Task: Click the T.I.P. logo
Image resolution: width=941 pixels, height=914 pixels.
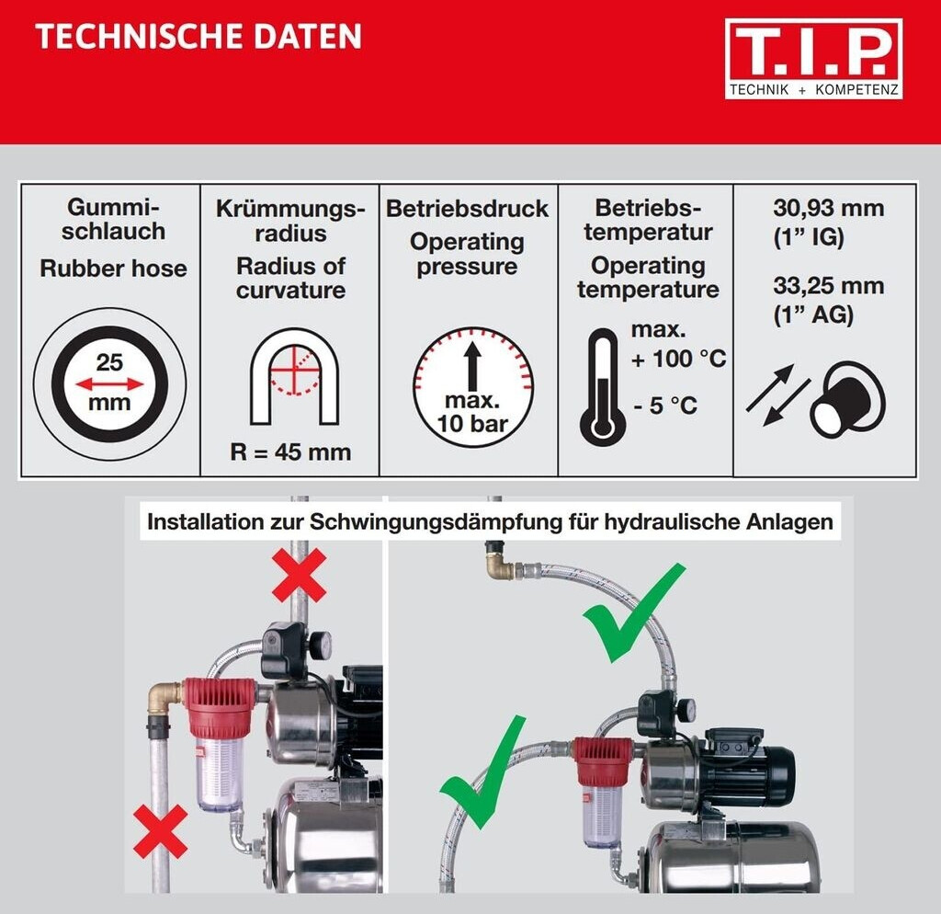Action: click(x=813, y=58)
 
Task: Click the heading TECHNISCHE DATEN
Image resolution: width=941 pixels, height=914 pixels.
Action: click(x=198, y=36)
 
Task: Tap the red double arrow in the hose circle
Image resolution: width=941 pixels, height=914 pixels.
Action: click(x=110, y=383)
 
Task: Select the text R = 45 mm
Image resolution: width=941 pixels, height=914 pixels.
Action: click(x=290, y=451)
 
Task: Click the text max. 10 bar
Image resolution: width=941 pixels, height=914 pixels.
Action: click(x=473, y=412)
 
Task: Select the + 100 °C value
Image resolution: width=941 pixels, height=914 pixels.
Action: click(x=678, y=359)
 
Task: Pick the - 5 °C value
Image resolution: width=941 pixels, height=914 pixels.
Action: click(x=665, y=406)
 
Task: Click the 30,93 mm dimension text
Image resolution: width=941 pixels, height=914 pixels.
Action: click(x=828, y=208)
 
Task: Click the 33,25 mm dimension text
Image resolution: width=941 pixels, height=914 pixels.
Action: click(x=828, y=285)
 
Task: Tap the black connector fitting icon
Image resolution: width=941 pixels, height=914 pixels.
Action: click(x=847, y=398)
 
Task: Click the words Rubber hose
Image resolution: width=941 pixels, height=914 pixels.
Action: click(x=113, y=268)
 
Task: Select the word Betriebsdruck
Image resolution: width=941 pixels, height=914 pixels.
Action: click(x=467, y=209)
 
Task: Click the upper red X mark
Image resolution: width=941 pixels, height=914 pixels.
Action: click(x=299, y=576)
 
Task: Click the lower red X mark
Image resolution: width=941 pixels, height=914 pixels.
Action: click(x=160, y=832)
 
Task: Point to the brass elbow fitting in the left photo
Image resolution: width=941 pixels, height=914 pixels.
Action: click(x=164, y=697)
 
